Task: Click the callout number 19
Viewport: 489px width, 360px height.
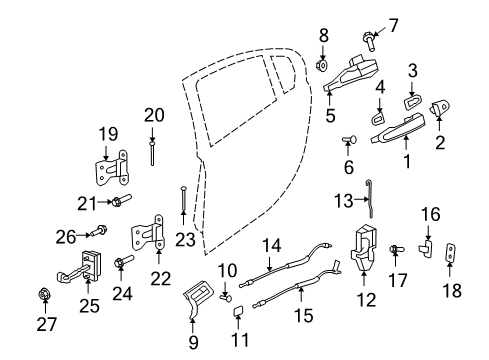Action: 107,134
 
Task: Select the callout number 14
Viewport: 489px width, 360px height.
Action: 268,243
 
